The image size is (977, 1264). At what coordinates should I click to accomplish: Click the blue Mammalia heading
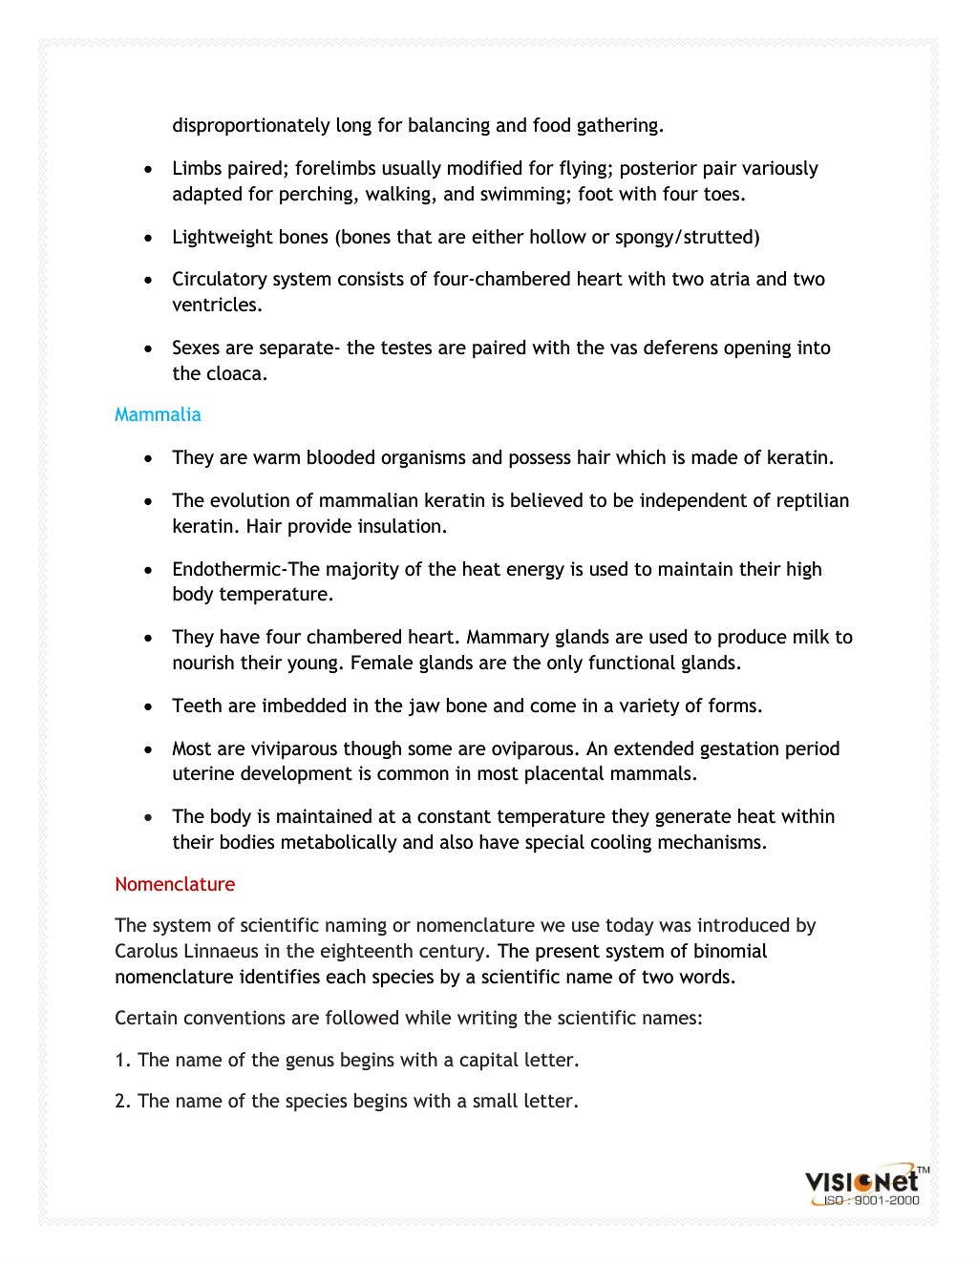(x=158, y=415)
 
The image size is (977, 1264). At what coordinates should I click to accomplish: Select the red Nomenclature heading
(x=175, y=885)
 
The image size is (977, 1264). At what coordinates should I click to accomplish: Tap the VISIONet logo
(x=861, y=1181)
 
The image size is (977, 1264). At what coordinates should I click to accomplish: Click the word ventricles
(x=216, y=305)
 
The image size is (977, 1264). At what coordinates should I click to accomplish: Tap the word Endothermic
(x=227, y=570)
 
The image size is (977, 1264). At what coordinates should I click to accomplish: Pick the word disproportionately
(x=251, y=126)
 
